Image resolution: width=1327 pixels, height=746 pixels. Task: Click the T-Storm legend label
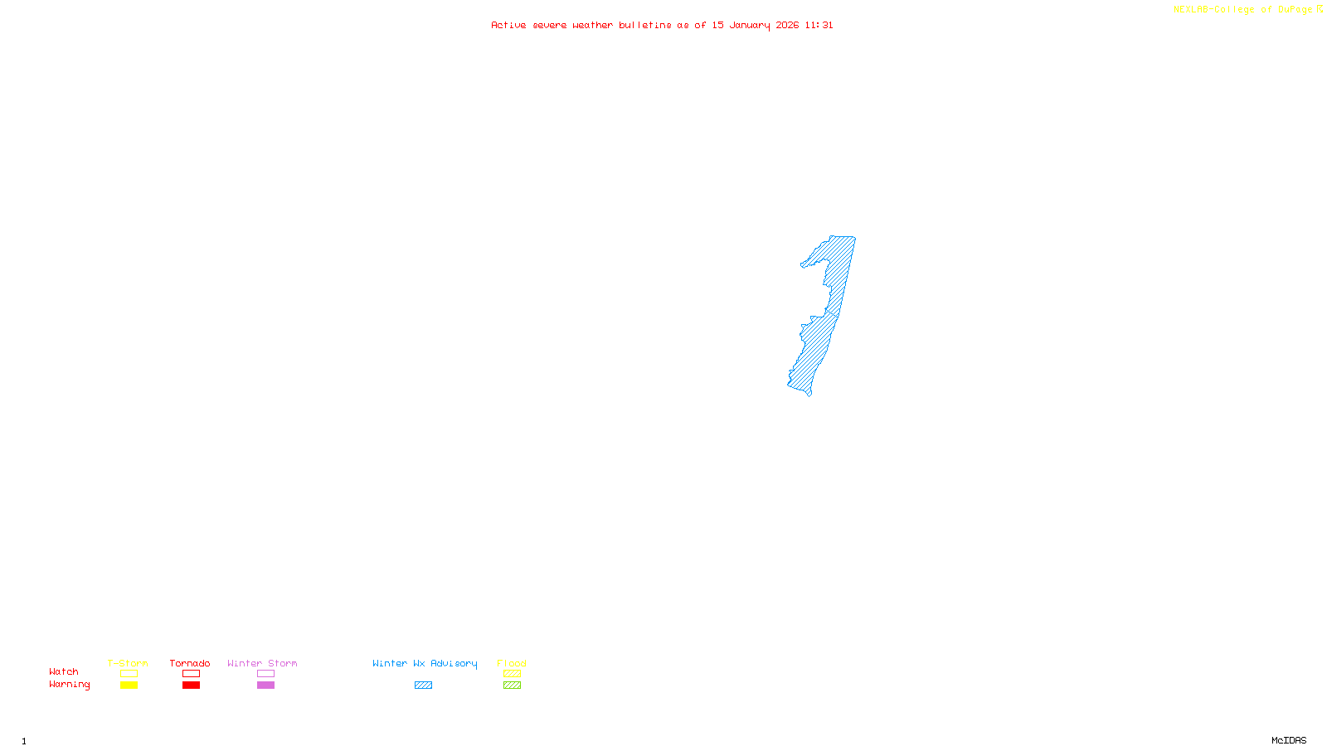click(128, 663)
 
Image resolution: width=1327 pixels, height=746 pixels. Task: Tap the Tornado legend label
click(190, 663)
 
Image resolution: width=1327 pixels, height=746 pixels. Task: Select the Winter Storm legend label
click(262, 663)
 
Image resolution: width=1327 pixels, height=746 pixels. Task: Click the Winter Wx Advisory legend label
click(425, 663)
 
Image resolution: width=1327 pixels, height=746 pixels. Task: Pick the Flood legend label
click(512, 663)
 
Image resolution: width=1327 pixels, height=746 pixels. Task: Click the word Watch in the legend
click(64, 671)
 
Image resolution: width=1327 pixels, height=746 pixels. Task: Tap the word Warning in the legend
click(69, 685)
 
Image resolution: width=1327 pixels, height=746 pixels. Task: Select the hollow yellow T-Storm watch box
click(129, 674)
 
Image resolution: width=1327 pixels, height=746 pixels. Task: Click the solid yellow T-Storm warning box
click(129, 685)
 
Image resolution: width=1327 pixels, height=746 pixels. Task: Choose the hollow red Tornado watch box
click(191, 674)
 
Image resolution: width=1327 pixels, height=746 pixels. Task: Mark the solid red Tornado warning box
click(191, 685)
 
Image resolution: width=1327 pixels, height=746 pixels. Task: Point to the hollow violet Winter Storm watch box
click(265, 674)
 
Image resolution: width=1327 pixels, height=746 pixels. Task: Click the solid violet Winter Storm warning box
click(265, 685)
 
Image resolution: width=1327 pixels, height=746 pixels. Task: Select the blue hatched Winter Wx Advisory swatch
click(423, 685)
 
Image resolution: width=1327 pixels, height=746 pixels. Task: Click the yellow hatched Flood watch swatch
click(512, 674)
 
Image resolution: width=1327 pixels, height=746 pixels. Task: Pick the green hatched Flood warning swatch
click(512, 685)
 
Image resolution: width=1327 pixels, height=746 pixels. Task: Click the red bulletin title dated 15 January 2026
click(662, 25)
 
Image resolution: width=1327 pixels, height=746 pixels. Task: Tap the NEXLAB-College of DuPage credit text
click(1247, 9)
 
